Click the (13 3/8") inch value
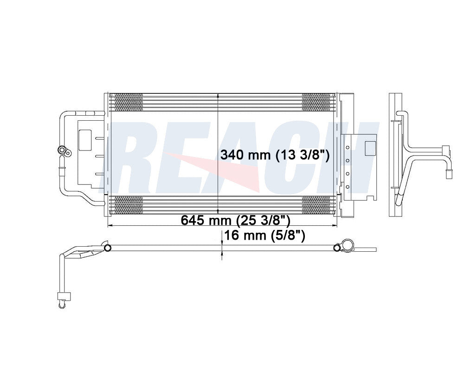tap(302, 155)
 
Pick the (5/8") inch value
tap(288, 236)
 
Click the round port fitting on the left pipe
tap(60, 150)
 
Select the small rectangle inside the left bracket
tap(85, 139)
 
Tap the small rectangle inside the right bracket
tap(370, 148)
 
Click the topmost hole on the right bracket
tap(347, 148)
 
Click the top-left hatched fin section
tap(129, 102)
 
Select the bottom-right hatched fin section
tap(318, 205)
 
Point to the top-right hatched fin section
tap(318, 102)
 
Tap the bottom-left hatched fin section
tap(129, 205)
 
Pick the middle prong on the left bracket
tap(98, 157)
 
